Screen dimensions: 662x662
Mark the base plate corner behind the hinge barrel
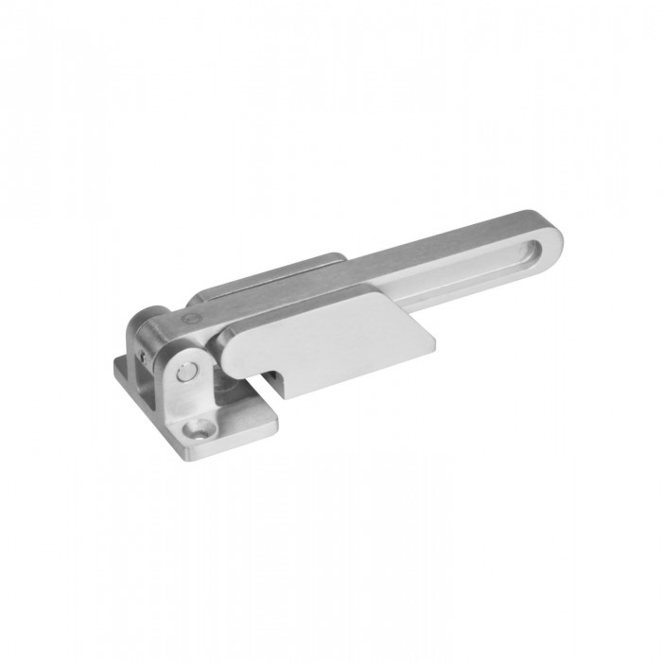[x=119, y=362]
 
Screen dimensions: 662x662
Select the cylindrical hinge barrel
[x=150, y=331]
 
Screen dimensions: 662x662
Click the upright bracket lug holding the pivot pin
[x=187, y=378]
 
